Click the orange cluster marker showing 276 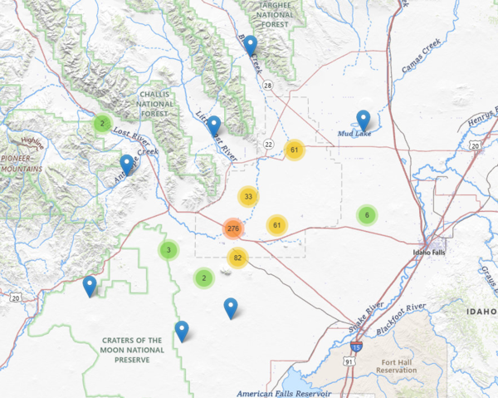pos(232,228)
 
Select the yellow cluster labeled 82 pos(237,258)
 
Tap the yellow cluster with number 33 pos(247,197)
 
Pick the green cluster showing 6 pos(366,215)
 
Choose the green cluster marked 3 pos(168,250)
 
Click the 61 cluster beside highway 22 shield pos(295,150)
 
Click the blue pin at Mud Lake pos(363,120)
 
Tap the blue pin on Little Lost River pos(213,126)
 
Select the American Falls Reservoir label pos(283,392)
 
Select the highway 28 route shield pos(268,86)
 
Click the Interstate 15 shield pos(356,346)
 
